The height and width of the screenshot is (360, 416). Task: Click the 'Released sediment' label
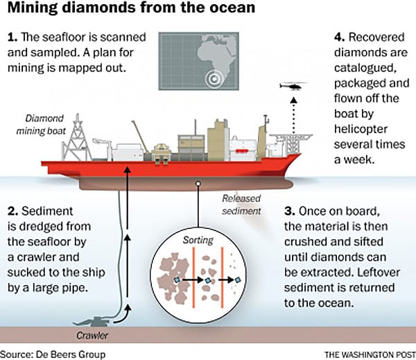click(242, 204)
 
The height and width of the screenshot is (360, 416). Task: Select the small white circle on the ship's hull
click(199, 185)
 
